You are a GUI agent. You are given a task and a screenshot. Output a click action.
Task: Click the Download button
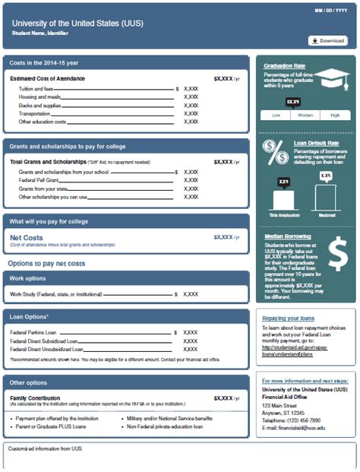pyautogui.click(x=328, y=40)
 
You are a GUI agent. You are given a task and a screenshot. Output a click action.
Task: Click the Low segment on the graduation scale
pyautogui.click(x=276, y=114)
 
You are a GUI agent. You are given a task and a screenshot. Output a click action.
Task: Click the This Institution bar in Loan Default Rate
pyautogui.click(x=284, y=199)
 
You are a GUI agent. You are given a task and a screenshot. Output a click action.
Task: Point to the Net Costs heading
pyautogui.click(x=26, y=237)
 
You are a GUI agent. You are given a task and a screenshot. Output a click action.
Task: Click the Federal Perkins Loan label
pyautogui.click(x=33, y=332)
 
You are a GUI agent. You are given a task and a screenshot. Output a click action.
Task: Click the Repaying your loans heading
pyautogui.click(x=288, y=318)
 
